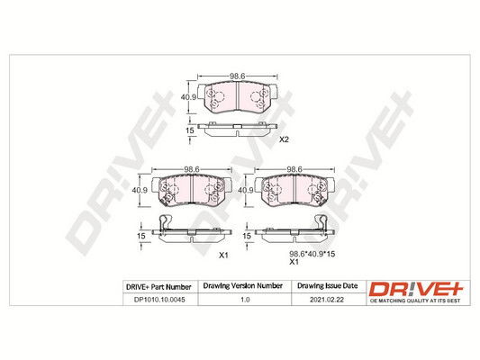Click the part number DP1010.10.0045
click(159, 300)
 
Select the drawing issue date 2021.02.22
click(327, 300)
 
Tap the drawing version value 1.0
click(245, 300)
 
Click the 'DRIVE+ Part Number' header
click(158, 287)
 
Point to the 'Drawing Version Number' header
click(243, 286)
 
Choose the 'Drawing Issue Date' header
click(328, 286)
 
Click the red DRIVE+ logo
click(416, 289)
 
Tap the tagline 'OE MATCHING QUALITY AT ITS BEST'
click(415, 301)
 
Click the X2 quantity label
click(284, 139)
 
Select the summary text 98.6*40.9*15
click(312, 254)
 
